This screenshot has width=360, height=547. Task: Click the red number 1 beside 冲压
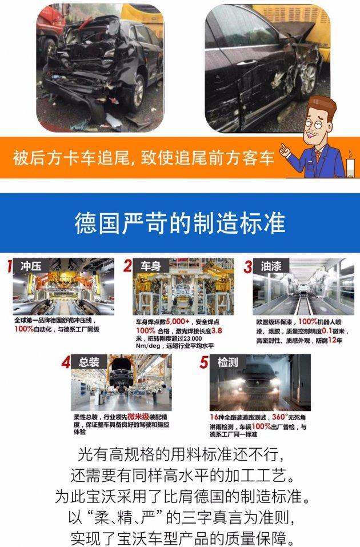[x=9, y=266]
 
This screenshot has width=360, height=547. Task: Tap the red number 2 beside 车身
[x=127, y=266]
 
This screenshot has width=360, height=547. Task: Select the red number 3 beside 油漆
[x=247, y=266]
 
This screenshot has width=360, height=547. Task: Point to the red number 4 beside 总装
[x=67, y=362]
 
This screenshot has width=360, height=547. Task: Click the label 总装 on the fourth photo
[x=89, y=362]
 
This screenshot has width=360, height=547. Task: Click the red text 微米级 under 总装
[x=138, y=417]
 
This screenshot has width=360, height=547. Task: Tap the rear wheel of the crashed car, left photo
[x=137, y=97]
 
